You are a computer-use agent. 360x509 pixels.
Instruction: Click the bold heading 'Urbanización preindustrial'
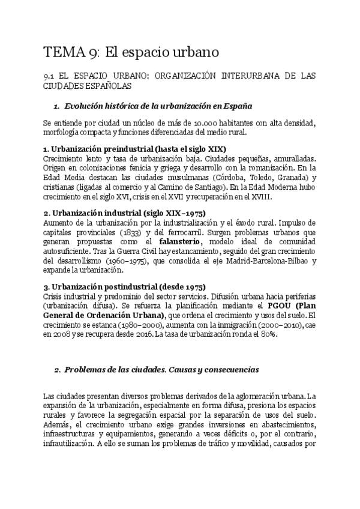[x=125, y=149]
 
